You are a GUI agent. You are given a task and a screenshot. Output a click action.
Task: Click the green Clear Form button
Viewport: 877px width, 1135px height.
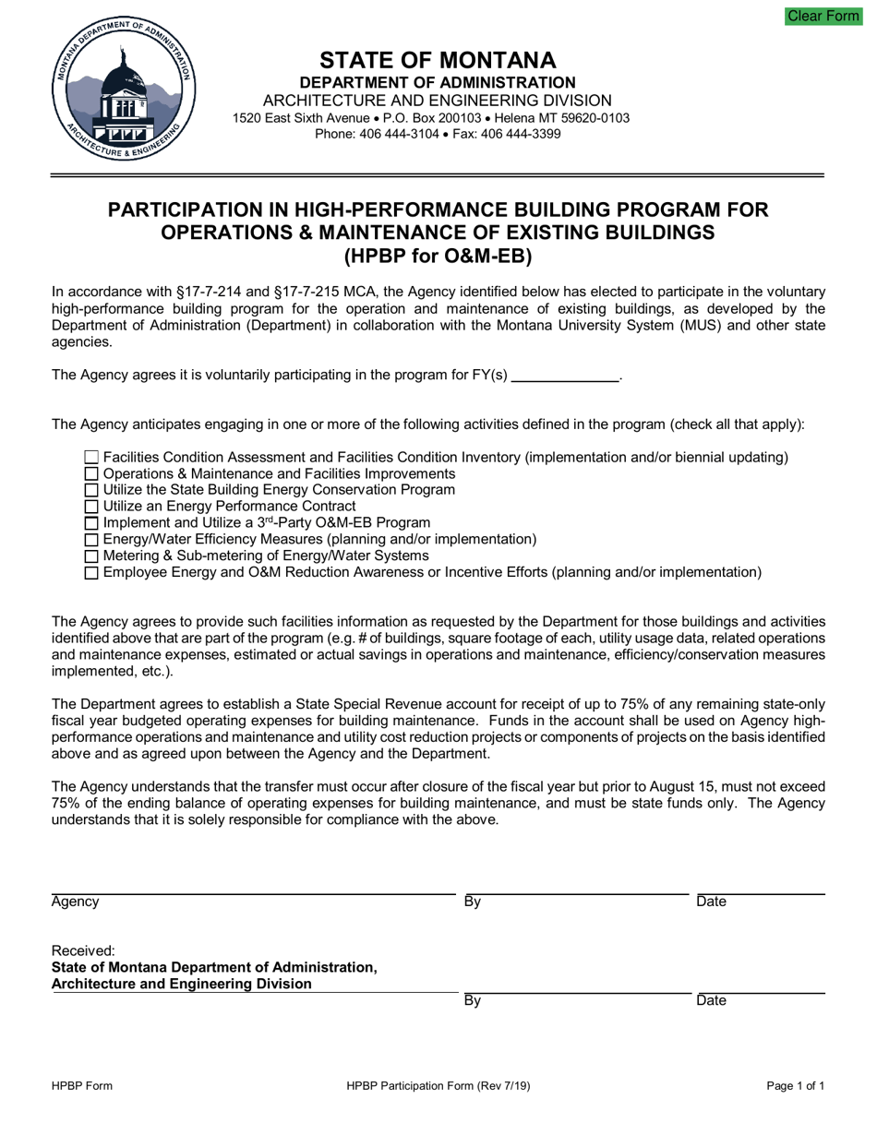pos(823,16)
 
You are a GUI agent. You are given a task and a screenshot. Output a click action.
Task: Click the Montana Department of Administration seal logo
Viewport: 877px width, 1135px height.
pos(123,92)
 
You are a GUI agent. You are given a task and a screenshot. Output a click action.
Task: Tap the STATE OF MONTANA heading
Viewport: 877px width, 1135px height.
pos(438,61)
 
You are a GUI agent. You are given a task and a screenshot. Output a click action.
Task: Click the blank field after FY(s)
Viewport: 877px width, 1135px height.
pos(564,375)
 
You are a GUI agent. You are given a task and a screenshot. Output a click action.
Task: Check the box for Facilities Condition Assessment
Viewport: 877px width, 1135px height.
pos(90,457)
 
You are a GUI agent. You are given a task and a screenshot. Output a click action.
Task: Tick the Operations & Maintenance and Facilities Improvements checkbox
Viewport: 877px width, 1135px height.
pos(90,473)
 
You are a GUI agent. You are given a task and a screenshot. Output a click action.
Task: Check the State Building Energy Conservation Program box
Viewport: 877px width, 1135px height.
pos(90,490)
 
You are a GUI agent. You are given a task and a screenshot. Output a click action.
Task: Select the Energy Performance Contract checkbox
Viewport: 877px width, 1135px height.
pos(90,507)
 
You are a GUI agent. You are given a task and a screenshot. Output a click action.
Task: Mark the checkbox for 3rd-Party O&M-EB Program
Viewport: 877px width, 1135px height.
pos(90,523)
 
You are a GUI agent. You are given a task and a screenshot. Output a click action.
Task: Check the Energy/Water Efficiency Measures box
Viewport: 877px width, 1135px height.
pos(90,540)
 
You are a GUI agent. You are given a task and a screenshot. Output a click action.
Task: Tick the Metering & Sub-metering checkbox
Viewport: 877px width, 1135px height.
pos(90,556)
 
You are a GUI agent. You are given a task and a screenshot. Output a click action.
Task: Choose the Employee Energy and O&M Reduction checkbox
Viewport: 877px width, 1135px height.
pos(90,573)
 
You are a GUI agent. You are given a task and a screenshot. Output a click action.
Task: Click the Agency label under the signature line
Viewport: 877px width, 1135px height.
pos(75,902)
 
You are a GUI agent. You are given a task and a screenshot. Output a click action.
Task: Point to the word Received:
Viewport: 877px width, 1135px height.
pos(83,950)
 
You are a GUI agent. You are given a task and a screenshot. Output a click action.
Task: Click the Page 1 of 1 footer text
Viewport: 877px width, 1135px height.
pos(795,1086)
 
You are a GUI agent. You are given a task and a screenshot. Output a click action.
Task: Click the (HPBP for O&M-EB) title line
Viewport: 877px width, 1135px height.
pos(438,256)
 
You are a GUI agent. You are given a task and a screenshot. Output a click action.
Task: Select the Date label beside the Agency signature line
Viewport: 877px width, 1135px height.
pos(711,902)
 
